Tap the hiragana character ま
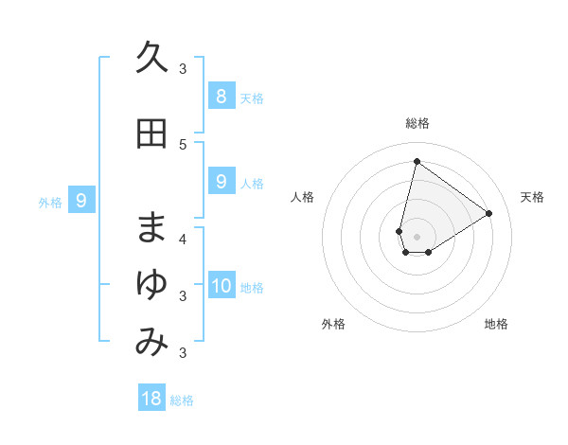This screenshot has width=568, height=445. tap(151, 227)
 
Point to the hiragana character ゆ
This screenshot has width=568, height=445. tap(151, 285)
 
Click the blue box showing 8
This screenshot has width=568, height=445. tap(221, 96)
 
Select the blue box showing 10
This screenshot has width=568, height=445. tap(222, 286)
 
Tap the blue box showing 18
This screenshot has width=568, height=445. tap(151, 399)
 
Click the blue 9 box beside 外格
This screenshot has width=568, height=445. tap(81, 200)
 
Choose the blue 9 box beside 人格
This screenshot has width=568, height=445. tap(221, 182)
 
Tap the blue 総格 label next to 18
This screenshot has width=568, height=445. tap(182, 400)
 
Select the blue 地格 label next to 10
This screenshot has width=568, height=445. tap(253, 288)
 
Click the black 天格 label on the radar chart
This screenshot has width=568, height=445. tap(532, 197)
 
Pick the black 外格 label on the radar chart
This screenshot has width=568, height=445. tap(333, 324)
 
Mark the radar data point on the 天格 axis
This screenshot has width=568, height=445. tap(488, 213)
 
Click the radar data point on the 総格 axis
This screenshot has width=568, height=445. tap(417, 161)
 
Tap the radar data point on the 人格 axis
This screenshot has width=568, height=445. tap(399, 231)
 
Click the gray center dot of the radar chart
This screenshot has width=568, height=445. tap(417, 236)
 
